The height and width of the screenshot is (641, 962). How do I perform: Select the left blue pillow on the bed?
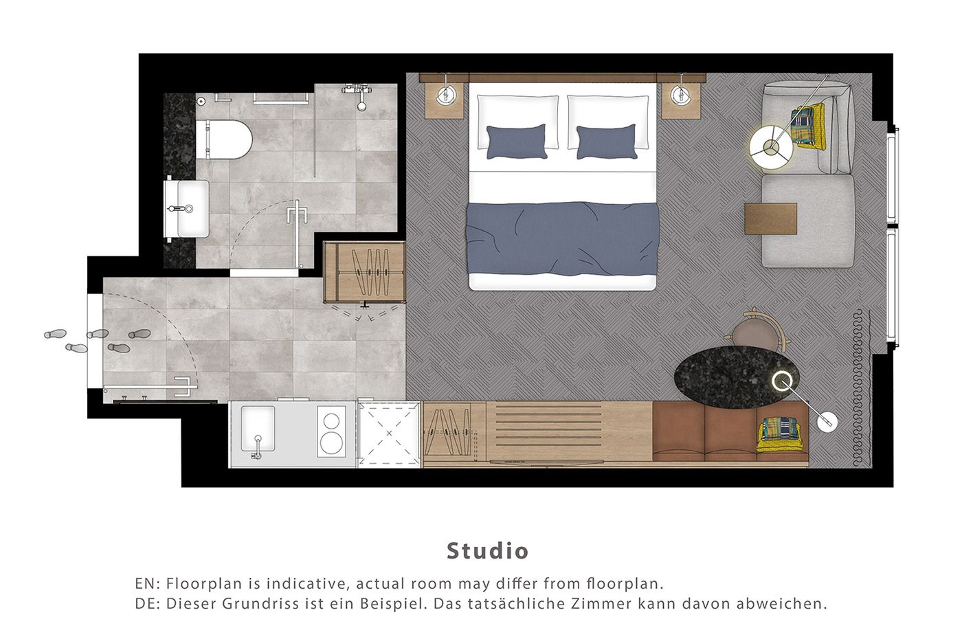[x=516, y=141]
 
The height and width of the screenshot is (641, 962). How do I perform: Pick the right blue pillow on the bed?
[x=607, y=141]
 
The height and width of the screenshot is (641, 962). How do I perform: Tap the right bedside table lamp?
[x=681, y=95]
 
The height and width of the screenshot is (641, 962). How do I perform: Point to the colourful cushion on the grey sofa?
[x=806, y=125]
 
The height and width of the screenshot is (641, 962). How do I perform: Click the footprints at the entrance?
[x=96, y=339]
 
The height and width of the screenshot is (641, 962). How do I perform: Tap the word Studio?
[x=487, y=550]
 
